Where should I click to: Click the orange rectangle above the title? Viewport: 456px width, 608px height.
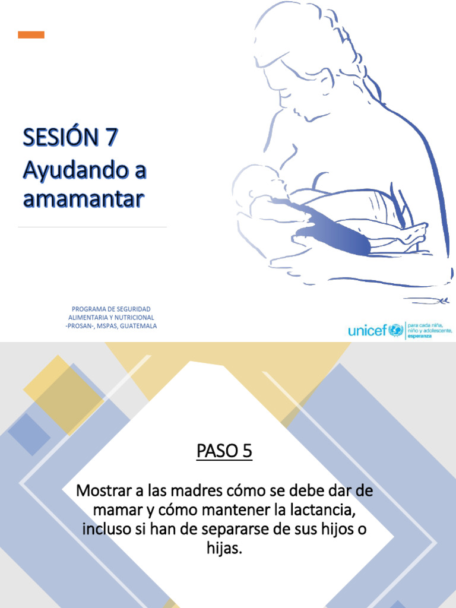(x=31, y=34)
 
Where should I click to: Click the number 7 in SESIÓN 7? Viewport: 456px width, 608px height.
(x=112, y=138)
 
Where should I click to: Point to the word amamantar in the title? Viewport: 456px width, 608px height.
(x=83, y=199)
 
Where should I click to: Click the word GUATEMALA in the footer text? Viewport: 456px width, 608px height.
(x=138, y=326)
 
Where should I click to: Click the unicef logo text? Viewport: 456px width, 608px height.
(x=368, y=330)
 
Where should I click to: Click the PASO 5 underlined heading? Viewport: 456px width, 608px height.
(x=224, y=451)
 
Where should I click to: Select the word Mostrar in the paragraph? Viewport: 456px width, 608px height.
(x=102, y=491)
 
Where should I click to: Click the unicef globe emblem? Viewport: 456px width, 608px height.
(x=395, y=330)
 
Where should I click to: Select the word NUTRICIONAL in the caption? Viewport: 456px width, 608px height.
(x=134, y=318)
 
